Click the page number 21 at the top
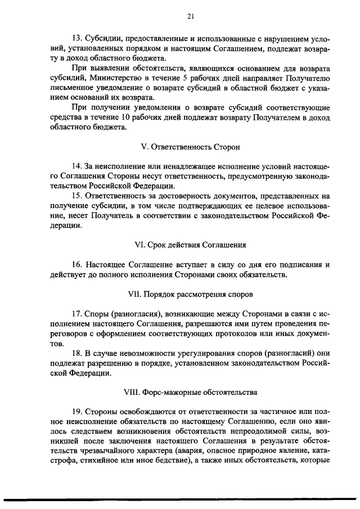190,17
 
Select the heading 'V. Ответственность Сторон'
190,147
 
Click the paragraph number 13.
76,38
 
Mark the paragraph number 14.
76,166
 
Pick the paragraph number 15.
76,196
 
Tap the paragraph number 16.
76,265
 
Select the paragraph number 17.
76,314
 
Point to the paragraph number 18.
76,353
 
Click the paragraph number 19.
76,412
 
